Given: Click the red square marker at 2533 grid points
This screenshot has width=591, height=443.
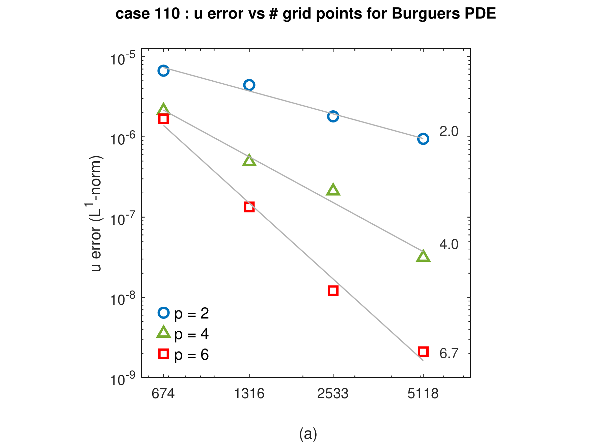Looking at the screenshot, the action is (x=333, y=286).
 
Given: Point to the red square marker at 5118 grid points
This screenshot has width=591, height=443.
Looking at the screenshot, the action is (x=423, y=347).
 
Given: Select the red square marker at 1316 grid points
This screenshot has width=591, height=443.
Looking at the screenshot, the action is (x=249, y=202).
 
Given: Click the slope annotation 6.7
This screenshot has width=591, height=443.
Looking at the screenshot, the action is (x=449, y=353).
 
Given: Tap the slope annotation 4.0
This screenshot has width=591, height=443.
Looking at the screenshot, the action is (x=449, y=244).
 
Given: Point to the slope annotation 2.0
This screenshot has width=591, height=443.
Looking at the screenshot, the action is (x=449, y=131).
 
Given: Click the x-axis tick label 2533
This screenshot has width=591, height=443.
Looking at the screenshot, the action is (x=333, y=394).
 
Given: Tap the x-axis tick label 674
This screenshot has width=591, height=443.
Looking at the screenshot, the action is (x=163, y=394).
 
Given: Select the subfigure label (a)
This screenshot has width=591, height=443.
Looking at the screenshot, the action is (x=308, y=434).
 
